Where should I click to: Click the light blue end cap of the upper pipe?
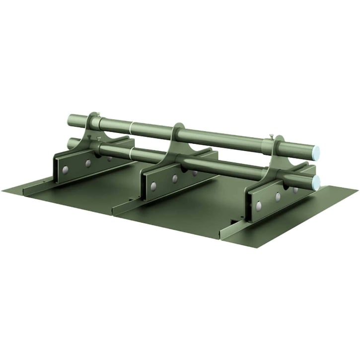point(316,152)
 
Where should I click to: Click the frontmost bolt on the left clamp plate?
point(65,170)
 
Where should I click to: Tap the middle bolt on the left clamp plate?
point(88,163)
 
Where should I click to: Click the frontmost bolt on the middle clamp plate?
point(153,186)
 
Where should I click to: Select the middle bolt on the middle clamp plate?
point(175,178)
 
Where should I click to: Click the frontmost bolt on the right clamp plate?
point(258,205)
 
